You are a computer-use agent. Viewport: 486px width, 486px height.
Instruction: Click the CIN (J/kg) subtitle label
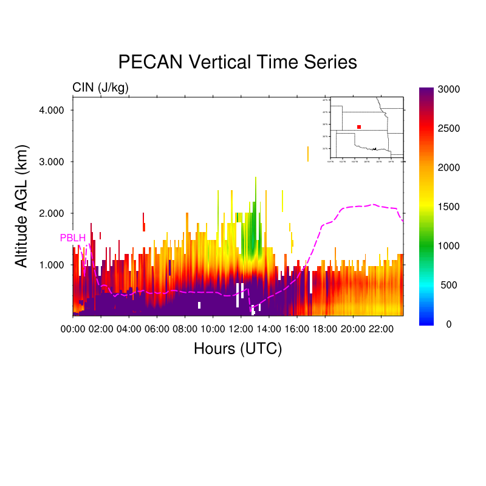[100, 87]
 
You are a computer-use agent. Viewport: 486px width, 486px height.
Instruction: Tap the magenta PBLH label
[72, 238]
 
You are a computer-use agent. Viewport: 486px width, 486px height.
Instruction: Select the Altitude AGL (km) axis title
[22, 207]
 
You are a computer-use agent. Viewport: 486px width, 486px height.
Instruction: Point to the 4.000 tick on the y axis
[52, 110]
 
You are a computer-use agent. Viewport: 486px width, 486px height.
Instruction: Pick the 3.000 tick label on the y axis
[52, 162]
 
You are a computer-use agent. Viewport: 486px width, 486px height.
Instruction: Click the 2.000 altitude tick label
[52, 213]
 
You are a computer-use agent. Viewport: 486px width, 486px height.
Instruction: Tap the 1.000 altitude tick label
[52, 265]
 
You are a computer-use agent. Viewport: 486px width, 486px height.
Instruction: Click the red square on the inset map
[359, 127]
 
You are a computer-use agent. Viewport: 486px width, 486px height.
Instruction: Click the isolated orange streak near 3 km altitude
[308, 154]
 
